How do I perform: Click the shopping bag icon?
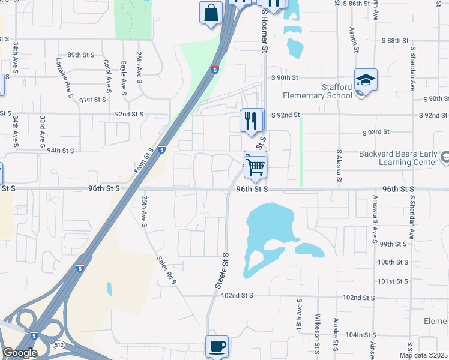pyautogui.click(x=211, y=13)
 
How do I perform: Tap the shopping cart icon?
pyautogui.click(x=255, y=166)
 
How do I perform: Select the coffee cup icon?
pyautogui.click(x=217, y=346)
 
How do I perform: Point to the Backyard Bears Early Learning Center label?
pyautogui.click(x=398, y=158)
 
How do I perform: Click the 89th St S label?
pyautogui.click(x=81, y=55)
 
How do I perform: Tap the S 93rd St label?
pyautogui.click(x=376, y=132)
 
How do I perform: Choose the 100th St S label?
pyautogui.click(x=393, y=262)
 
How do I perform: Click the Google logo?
pyautogui.click(x=20, y=352)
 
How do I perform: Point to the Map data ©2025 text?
pyautogui.click(x=423, y=355)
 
